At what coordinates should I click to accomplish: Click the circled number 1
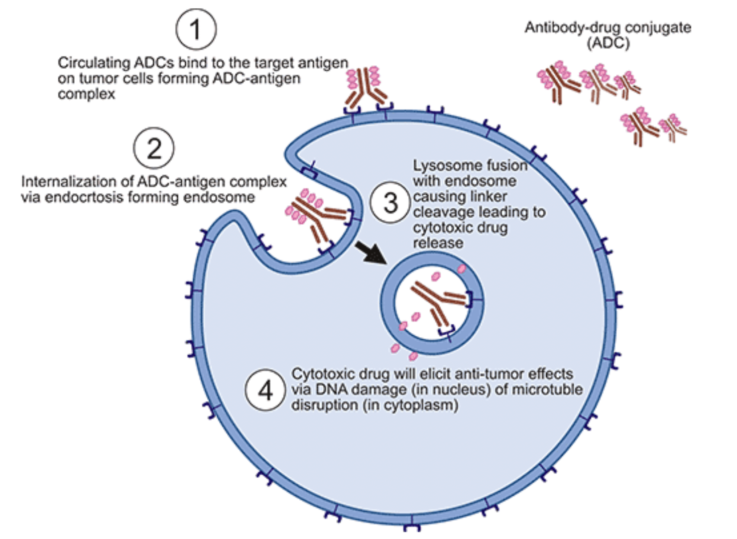[x=196, y=29]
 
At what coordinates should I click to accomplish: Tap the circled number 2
[x=154, y=148]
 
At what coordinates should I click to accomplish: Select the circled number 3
[x=390, y=203]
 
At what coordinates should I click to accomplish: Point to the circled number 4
[x=265, y=391]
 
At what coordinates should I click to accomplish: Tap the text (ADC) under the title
[x=609, y=43]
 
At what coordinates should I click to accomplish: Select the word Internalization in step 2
[x=75, y=181]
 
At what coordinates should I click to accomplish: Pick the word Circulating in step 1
[x=94, y=63]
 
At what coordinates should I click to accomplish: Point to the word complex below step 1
[x=86, y=95]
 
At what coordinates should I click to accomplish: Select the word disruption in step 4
[x=325, y=405]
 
